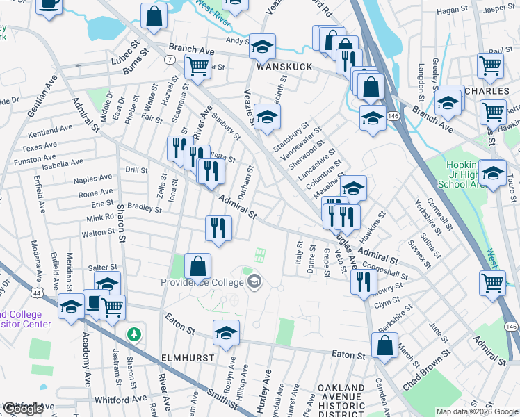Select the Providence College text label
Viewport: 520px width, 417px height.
point(202,281)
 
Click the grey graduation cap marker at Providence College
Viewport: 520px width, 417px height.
point(254,281)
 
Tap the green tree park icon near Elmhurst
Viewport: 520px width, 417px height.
point(133,335)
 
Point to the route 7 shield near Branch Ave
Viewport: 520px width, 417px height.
point(170,60)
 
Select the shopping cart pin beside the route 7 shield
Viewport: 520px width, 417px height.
point(197,67)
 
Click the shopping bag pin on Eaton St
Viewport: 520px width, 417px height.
point(384,345)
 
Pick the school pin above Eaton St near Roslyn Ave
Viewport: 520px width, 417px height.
point(226,334)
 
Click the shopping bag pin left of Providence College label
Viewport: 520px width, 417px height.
point(198,266)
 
